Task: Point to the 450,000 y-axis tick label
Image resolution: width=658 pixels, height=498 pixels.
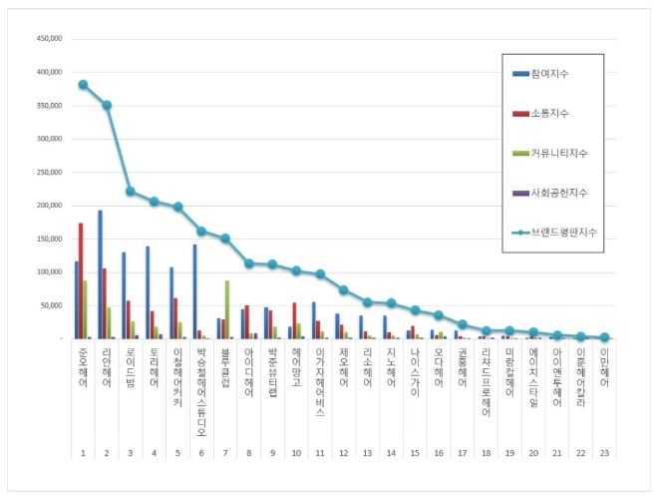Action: point(49,39)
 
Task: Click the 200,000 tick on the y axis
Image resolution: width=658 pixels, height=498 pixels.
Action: point(49,206)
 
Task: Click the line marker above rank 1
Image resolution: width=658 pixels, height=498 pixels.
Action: point(83,85)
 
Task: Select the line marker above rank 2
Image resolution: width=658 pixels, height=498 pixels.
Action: point(107,105)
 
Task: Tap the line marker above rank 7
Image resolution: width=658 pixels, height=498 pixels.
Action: point(225,239)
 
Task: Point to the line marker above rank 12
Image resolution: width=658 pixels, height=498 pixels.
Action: point(343,289)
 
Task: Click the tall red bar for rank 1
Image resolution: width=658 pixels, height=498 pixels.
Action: point(81,280)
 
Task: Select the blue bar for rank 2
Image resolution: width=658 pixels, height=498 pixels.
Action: point(100,274)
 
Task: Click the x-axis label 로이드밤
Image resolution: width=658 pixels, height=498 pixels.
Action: point(131,370)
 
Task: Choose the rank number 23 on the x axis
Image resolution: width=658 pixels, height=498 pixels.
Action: point(604,453)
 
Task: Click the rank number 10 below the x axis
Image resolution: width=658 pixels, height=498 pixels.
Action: point(296,453)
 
